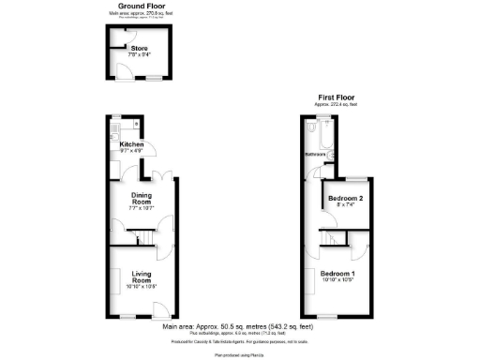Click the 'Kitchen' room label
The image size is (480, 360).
click(118, 143)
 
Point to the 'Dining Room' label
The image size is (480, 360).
click(141, 198)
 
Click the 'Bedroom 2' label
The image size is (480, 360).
click(348, 198)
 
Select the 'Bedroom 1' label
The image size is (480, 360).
click(341, 273)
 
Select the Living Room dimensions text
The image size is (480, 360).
click(142, 286)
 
